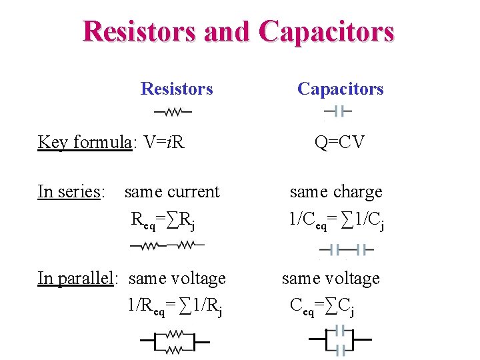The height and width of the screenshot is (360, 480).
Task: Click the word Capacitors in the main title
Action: coord(327,31)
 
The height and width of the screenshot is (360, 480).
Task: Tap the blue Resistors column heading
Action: coord(177,89)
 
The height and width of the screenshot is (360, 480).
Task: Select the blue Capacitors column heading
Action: coord(340,89)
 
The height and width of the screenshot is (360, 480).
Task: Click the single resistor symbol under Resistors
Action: coord(173,112)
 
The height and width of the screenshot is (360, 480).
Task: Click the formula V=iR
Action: coord(160,142)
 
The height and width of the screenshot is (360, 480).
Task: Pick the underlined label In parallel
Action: coord(76,278)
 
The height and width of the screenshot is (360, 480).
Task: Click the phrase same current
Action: coord(171,192)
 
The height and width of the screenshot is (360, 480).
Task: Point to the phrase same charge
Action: coord(336,192)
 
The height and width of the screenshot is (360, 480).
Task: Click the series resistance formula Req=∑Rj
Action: coord(163,219)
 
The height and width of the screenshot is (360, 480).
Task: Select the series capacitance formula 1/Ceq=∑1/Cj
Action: coord(336,219)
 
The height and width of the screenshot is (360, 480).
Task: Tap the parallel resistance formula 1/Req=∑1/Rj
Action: coord(175,306)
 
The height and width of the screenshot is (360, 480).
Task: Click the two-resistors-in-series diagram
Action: coord(167,245)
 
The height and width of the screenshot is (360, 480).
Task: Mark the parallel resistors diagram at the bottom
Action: coord(175,341)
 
